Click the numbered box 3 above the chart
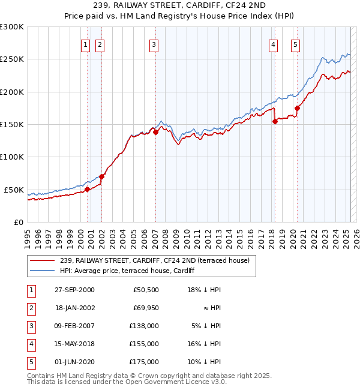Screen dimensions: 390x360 (154, 44)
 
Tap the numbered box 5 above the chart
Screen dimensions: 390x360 (296, 44)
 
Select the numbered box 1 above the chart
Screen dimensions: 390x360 (85, 44)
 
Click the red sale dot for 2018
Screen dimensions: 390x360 (275, 121)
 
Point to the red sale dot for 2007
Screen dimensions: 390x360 (155, 132)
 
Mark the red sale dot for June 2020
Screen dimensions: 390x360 (297, 109)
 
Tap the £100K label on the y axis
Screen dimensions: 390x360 (13, 157)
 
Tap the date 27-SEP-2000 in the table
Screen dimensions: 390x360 (74, 290)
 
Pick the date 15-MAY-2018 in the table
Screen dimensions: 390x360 (74, 344)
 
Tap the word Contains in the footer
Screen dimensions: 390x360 (42, 376)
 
